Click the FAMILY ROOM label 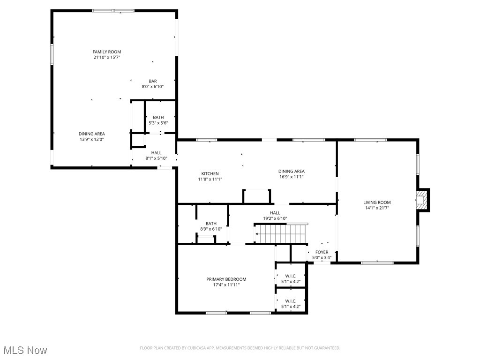[x=106, y=52]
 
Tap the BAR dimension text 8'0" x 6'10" [x=153, y=87]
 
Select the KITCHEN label [x=210, y=173]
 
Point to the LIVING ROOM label [x=377, y=202]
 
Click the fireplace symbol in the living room [x=423, y=199]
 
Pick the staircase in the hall [x=280, y=233]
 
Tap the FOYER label [x=322, y=252]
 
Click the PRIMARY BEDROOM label [x=226, y=279]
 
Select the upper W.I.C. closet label [x=291, y=276]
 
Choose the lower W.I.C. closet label [x=291, y=301]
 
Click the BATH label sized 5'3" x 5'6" [x=158, y=117]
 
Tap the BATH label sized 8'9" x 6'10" [x=211, y=224]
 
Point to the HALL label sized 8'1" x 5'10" [x=156, y=153]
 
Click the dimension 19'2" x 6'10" [x=275, y=218]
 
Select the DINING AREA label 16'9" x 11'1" [x=292, y=171]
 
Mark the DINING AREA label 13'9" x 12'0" [x=91, y=134]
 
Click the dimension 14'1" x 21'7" [x=377, y=208]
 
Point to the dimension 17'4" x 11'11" [x=226, y=285]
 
